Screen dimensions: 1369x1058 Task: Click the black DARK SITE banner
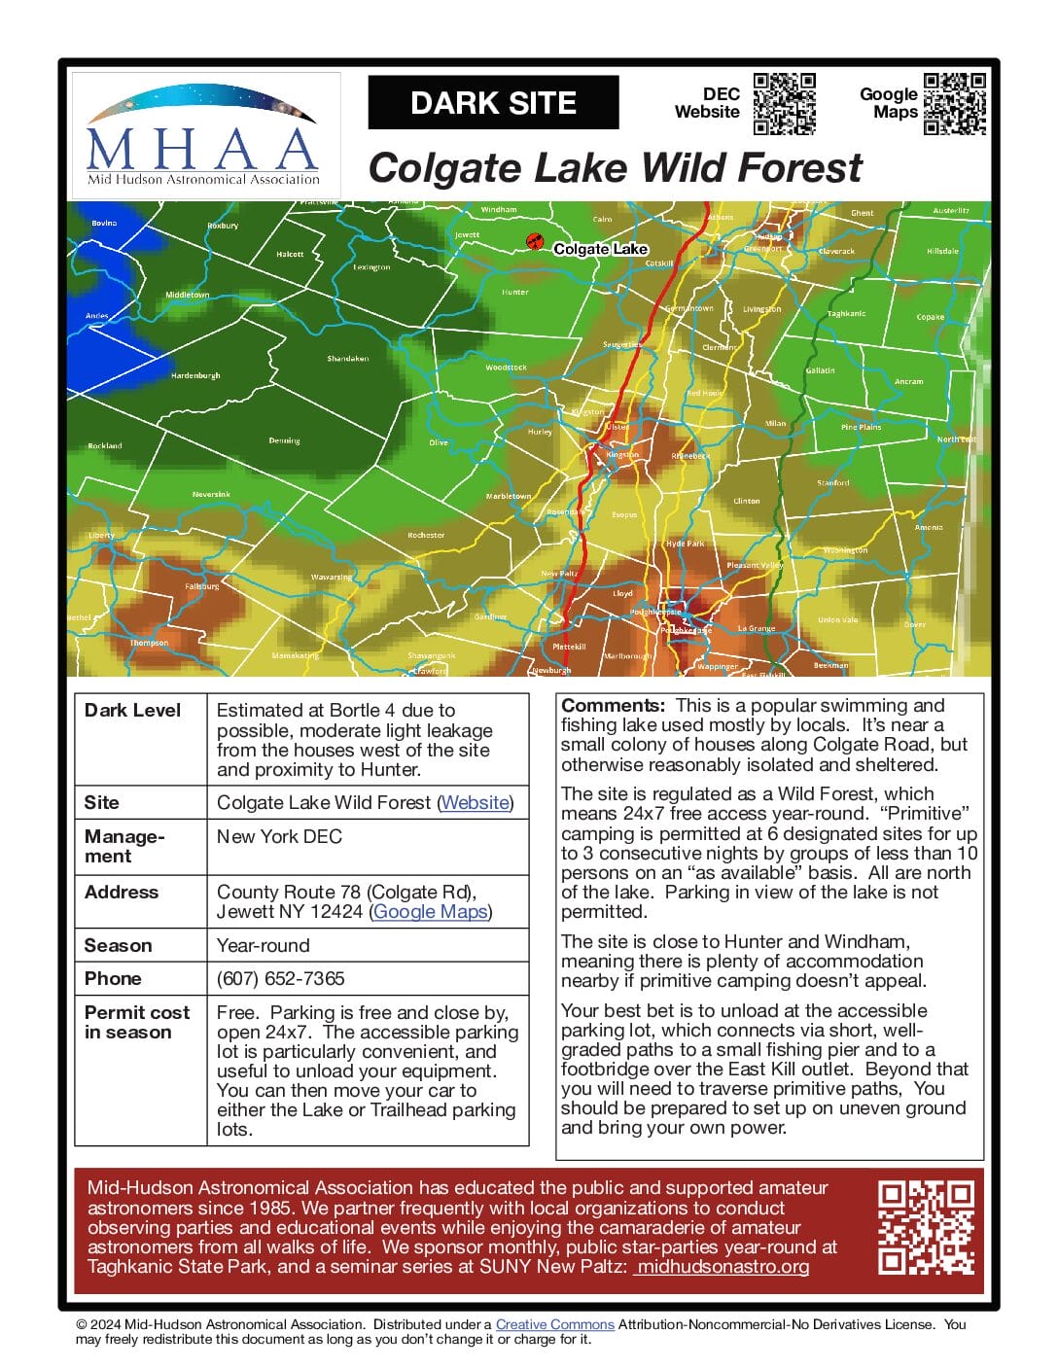click(x=493, y=103)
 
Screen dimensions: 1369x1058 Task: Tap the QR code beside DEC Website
click(x=784, y=103)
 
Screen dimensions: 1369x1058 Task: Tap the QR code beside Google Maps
click(x=954, y=103)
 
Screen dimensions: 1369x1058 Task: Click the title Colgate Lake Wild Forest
click(x=615, y=168)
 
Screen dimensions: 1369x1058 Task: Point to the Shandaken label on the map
click(x=347, y=359)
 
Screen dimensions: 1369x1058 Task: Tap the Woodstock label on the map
click(x=506, y=368)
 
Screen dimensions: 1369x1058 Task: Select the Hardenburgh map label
click(x=195, y=375)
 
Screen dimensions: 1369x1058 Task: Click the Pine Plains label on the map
click(x=861, y=427)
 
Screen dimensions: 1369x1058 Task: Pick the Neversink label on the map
click(x=211, y=495)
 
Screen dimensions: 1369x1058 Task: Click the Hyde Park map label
click(x=685, y=544)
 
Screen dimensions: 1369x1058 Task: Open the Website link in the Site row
click(x=475, y=803)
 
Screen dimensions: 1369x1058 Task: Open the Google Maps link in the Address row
click(x=430, y=912)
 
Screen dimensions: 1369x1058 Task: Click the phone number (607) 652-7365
click(x=280, y=979)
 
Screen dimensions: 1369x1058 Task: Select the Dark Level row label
click(x=132, y=711)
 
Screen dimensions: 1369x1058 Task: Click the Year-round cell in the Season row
click(x=263, y=946)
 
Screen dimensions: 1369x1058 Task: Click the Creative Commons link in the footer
click(x=554, y=1324)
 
